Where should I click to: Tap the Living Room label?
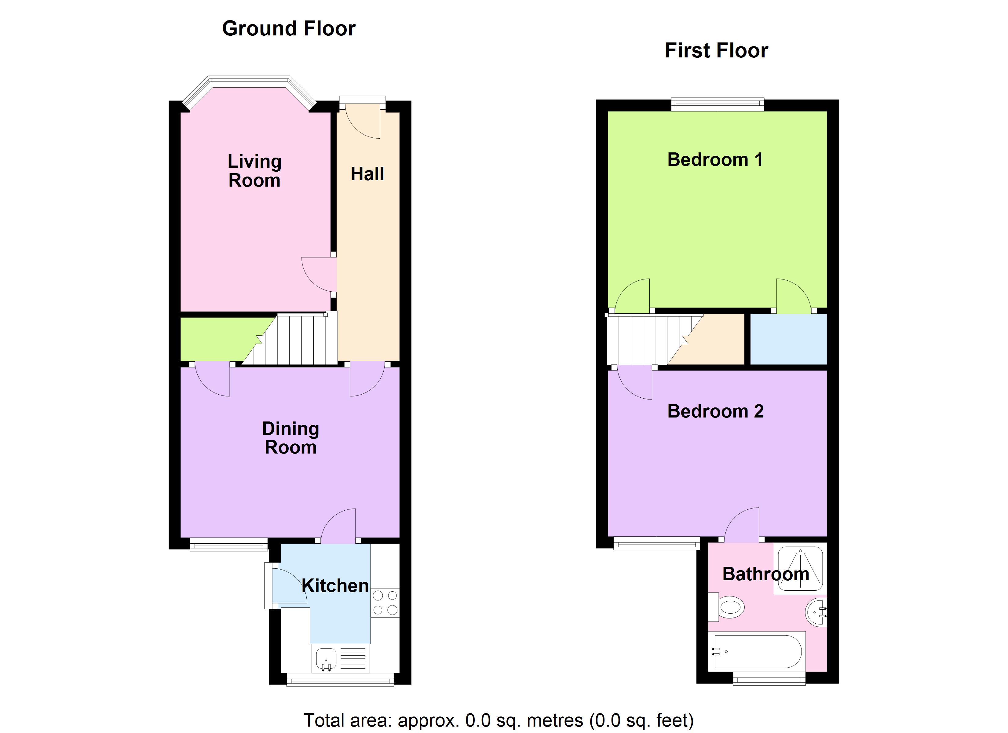[x=254, y=171]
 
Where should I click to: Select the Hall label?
[x=367, y=174]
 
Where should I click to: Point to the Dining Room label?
[x=291, y=438]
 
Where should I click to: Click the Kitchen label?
[x=335, y=585]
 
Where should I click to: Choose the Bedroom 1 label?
[x=715, y=159]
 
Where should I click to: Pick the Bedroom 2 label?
[x=715, y=411]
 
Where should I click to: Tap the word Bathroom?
[x=765, y=574]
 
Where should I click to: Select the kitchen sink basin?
[x=326, y=658]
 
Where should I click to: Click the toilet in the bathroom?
[x=729, y=607]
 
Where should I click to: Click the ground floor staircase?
[x=302, y=340]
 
